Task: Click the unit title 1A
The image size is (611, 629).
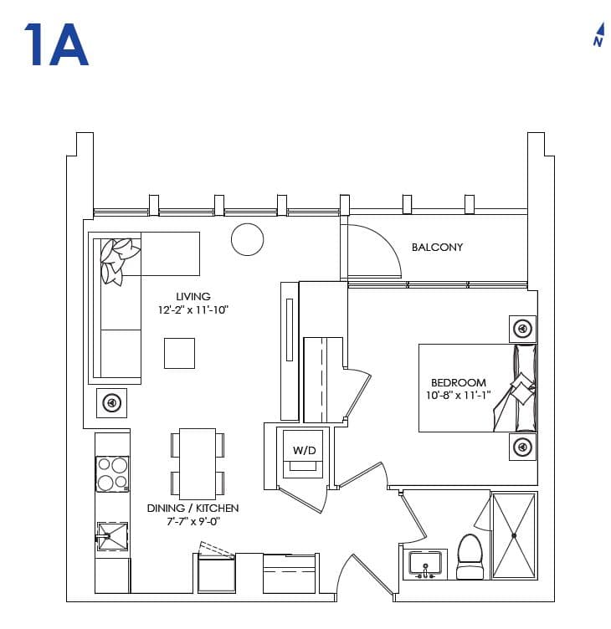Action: coord(56,46)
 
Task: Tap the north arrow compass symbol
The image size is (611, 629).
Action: coord(598,33)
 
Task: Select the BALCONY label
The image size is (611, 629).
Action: coord(437,248)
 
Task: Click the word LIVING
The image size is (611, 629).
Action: coord(193,296)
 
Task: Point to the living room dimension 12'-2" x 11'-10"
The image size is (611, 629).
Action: coord(193,309)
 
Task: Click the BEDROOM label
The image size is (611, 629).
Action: coord(455,383)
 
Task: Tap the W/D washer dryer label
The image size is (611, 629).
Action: coord(303,451)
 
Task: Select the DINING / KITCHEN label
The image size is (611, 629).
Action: coord(193,509)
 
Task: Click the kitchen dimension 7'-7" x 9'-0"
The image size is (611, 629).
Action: coord(193,522)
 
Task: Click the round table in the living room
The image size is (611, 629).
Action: coord(247,239)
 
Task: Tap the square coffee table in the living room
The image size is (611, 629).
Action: coord(179,353)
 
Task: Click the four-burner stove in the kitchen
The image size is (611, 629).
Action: coord(112,474)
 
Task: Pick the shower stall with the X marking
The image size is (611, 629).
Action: coord(513,535)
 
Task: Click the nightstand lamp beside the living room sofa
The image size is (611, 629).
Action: coord(111,403)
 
